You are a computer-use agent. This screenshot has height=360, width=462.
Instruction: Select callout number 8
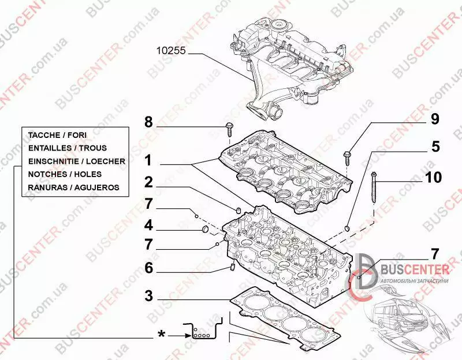point(148,122)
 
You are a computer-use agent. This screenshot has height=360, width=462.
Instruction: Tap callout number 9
point(434,119)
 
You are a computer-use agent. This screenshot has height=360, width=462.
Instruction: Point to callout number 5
point(434,147)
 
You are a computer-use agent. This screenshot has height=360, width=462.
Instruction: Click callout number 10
point(434,177)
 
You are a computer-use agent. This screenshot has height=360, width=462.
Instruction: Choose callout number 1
point(148,159)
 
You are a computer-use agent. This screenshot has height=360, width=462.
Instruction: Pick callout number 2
point(148,183)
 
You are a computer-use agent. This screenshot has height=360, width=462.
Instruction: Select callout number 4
point(148,224)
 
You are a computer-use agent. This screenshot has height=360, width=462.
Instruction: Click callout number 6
point(148,268)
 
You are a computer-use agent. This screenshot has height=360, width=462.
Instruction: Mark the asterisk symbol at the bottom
point(163,334)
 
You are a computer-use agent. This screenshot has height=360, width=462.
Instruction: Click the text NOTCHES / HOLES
point(65,174)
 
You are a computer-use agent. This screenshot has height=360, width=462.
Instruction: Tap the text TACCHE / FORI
point(57,134)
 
